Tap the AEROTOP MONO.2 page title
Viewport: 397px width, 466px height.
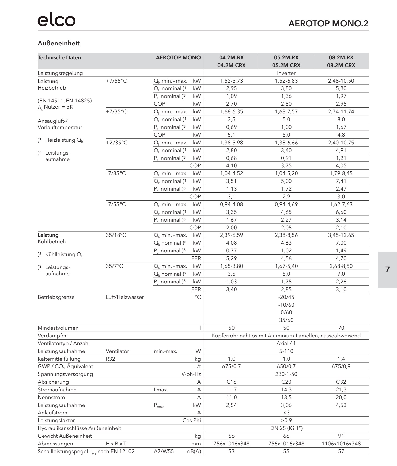pos(328,24)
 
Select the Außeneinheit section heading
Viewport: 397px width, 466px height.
pos(59,43)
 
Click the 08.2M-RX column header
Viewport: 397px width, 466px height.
pos(341,57)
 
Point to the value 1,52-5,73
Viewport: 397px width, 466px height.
pos(232,81)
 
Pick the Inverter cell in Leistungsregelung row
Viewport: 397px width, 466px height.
pos(286,73)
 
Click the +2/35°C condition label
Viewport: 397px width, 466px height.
pos(117,143)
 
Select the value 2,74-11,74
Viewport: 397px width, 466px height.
pos(341,111)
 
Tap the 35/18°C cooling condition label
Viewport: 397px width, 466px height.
pos(116,235)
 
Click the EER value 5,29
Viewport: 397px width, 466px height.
pos(232,258)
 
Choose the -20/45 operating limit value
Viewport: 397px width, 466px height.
pos(286,297)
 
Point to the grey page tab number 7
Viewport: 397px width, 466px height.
pos(387,269)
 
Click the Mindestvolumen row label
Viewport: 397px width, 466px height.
pos(58,328)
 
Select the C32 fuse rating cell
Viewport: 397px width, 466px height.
pos(341,382)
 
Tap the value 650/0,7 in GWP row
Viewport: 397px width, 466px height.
pos(286,366)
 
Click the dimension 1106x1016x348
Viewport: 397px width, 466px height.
pos(341,444)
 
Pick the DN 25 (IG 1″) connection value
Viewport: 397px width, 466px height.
pos(286,428)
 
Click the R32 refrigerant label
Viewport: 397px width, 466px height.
pos(110,359)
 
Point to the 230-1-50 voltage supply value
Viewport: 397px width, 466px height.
pos(286,374)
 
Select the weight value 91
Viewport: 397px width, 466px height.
pos(341,436)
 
